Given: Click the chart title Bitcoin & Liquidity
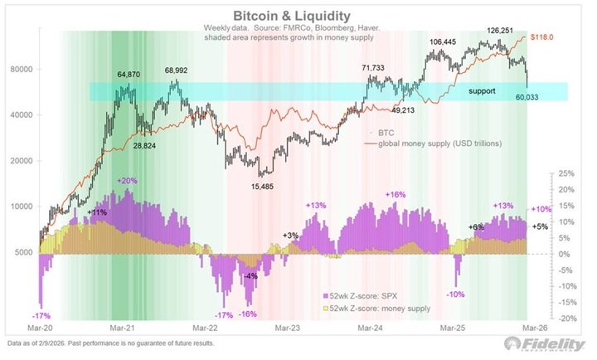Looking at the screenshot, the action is coord(291,16).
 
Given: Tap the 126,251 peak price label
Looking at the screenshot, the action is coord(501,31).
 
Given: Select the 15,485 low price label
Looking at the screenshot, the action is coord(262,187).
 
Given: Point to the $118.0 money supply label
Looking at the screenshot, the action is coord(541,37).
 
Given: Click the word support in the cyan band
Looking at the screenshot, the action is coord(482,91).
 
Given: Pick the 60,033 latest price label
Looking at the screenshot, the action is coord(527,97).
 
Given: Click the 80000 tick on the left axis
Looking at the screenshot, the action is coord(23,70).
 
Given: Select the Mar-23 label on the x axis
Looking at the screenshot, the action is coord(287,328).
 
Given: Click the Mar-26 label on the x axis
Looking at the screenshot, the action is coord(535,328).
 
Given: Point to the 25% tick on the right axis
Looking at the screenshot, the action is coord(565,173).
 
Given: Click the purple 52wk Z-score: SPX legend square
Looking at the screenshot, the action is coord(326,295).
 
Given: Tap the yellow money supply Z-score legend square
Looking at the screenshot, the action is coord(326,309).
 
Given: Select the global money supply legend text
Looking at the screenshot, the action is coord(439,144).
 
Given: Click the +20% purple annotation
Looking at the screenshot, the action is coord(127,181).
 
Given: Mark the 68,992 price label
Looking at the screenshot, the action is coord(176,71).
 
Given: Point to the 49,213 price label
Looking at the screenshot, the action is coord(403,111).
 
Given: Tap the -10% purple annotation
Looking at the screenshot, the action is coord(455,294).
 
